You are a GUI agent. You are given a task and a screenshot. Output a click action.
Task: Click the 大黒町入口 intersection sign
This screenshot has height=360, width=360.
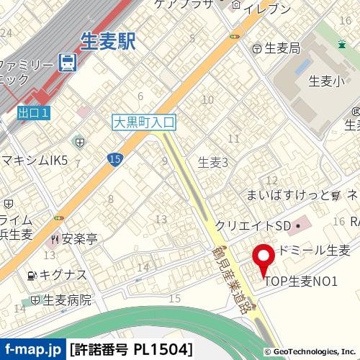pyautogui.click(x=144, y=122)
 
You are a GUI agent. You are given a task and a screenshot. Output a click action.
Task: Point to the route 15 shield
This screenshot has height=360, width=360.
pyautogui.click(x=115, y=159)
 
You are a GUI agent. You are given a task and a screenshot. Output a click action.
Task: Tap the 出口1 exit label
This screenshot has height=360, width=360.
pyautogui.click(x=34, y=112)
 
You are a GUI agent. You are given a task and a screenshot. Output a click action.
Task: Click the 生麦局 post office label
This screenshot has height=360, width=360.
pyautogui.click(x=282, y=49)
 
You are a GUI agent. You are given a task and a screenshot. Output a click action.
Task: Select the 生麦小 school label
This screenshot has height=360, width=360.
pyautogui.click(x=323, y=81)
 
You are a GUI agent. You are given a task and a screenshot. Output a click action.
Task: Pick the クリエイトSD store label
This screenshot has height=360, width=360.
pyautogui.click(x=253, y=225)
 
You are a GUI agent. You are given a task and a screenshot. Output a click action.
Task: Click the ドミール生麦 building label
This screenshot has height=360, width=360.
pyautogui.click(x=314, y=251)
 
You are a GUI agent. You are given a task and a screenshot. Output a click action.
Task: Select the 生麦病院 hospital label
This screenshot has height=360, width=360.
pyautogui.click(x=66, y=300)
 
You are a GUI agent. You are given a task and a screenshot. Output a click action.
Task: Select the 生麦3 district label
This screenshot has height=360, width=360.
pyautogui.click(x=212, y=163)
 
